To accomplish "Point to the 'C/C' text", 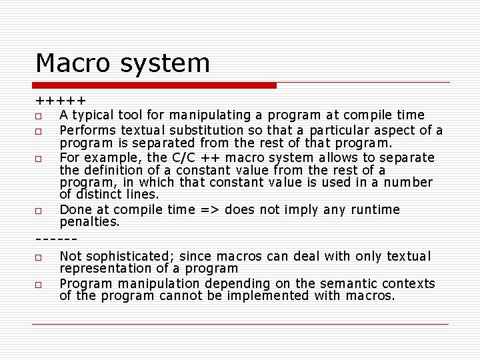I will point(183,158).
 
